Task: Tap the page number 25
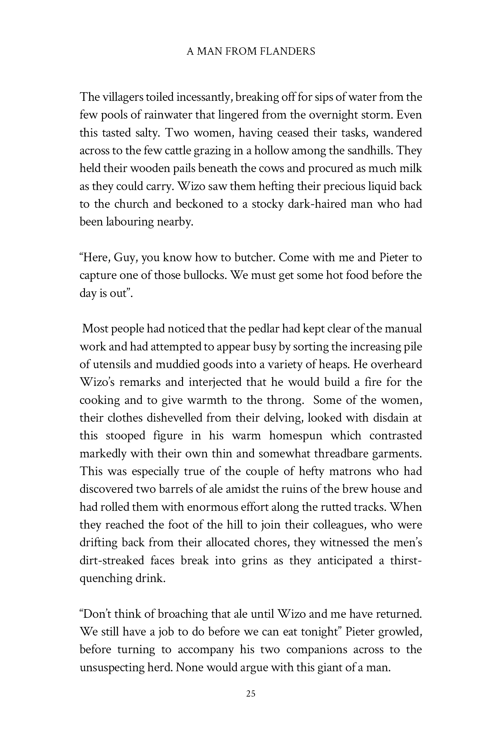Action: coord(251,694)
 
